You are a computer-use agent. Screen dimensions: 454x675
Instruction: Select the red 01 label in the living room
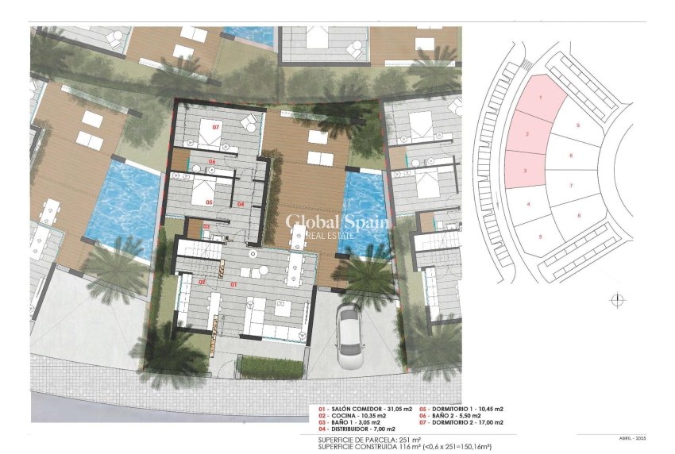[x=233, y=283]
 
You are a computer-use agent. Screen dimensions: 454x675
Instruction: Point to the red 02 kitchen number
[x=202, y=282]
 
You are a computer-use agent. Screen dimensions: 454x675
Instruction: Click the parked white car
[x=350, y=334]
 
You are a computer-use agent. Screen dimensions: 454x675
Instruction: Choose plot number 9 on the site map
[x=578, y=126]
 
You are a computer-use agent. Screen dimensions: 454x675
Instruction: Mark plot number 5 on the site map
[x=540, y=237]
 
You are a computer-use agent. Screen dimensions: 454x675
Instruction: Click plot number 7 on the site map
[x=571, y=185]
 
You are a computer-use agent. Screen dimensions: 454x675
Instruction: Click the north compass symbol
[x=618, y=300]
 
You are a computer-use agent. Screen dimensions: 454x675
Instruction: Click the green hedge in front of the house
[x=270, y=367]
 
